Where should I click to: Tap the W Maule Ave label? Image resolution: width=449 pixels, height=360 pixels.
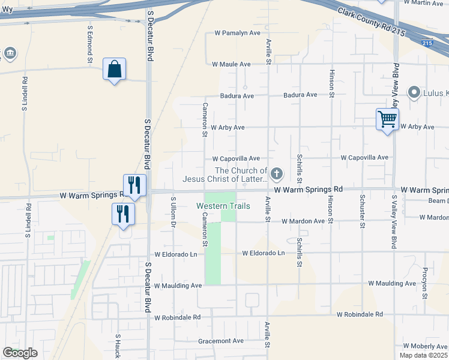(x=231, y=64)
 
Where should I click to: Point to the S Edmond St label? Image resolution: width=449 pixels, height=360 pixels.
(x=90, y=44)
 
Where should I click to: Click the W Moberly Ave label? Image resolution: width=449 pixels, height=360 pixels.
(x=426, y=346)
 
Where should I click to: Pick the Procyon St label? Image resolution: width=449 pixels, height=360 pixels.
(x=424, y=283)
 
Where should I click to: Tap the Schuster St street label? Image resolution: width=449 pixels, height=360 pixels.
(x=363, y=211)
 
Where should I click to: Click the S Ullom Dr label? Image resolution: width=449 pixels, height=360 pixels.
(x=173, y=212)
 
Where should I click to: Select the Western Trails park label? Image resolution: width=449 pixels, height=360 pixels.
(x=223, y=206)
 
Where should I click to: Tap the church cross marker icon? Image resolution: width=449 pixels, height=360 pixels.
(x=277, y=175)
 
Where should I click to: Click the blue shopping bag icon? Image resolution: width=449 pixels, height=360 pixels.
(x=114, y=70)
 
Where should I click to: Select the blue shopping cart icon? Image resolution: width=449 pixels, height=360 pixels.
(x=387, y=119)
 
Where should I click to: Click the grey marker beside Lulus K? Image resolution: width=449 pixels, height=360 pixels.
(x=414, y=93)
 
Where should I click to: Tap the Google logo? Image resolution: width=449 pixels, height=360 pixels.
(x=20, y=353)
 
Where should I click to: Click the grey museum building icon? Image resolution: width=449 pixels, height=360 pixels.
(x=10, y=53)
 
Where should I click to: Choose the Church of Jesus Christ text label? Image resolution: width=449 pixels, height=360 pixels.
(x=225, y=175)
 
